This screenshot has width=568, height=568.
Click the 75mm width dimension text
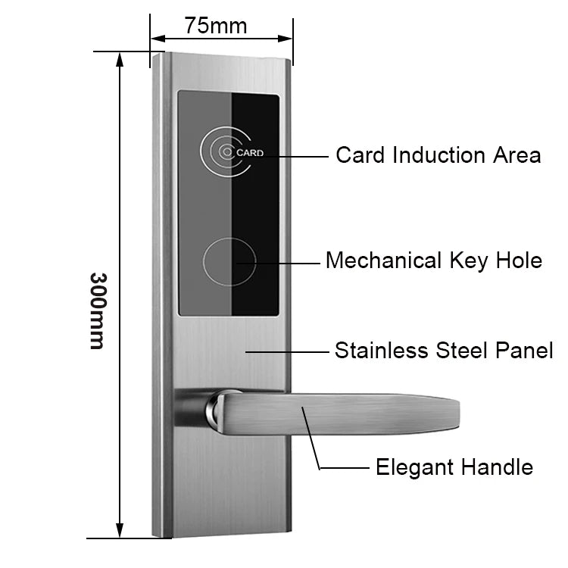tap(216, 26)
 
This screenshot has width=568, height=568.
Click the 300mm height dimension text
tap(96, 310)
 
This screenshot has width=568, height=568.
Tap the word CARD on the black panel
tap(250, 153)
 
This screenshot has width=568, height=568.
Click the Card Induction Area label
tap(438, 155)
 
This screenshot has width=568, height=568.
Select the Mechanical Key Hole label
tap(433, 261)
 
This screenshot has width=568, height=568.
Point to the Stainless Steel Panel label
tap(443, 351)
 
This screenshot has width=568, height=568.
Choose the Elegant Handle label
tap(454, 467)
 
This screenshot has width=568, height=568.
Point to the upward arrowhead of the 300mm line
tap(120, 60)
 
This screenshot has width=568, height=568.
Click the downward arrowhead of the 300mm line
tap(120, 530)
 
